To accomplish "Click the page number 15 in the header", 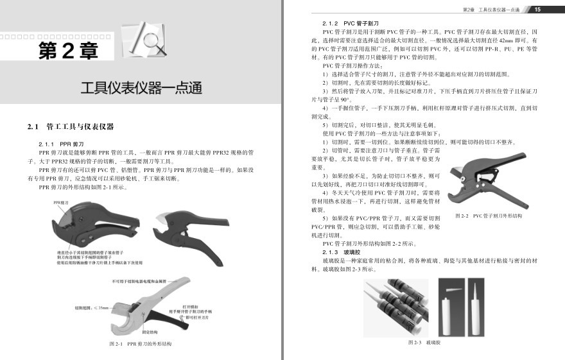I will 537,9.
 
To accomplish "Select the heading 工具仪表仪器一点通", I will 141,88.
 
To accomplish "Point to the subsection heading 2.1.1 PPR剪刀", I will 63,144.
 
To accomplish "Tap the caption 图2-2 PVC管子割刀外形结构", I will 489,216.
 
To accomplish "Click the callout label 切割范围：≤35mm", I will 91,308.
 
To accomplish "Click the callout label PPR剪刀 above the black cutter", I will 62,203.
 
